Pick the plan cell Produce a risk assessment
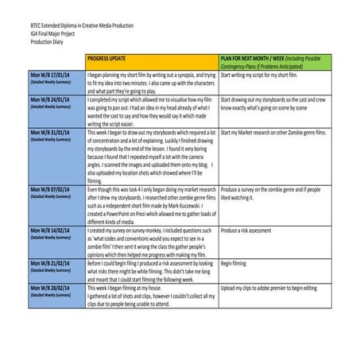[254, 230]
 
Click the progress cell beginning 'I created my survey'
[152, 242]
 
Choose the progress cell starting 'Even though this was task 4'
[152, 208]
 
